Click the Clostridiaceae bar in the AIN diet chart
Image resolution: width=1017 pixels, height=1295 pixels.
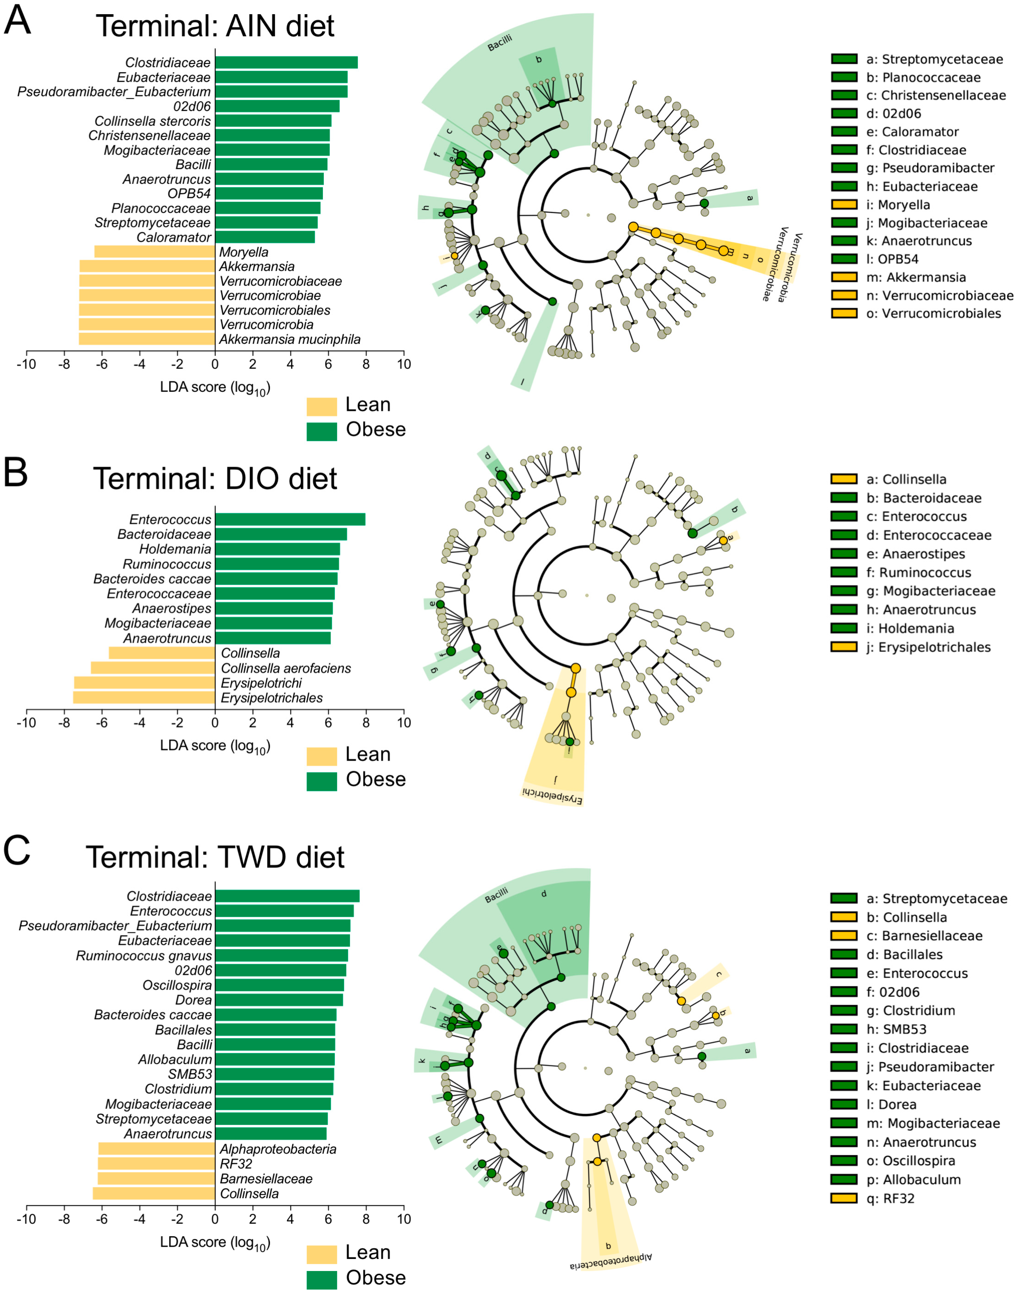tap(286, 62)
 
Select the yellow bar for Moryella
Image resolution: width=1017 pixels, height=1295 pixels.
tap(155, 252)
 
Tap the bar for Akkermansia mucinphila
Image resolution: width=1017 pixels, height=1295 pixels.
tap(146, 339)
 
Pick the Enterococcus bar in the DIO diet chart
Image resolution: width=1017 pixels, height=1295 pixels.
tap(290, 519)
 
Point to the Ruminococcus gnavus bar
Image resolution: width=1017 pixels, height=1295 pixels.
tap(281, 956)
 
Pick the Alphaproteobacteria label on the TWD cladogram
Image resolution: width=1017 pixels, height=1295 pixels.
tap(610, 1261)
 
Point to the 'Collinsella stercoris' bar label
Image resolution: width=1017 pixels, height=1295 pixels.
tap(153, 121)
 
